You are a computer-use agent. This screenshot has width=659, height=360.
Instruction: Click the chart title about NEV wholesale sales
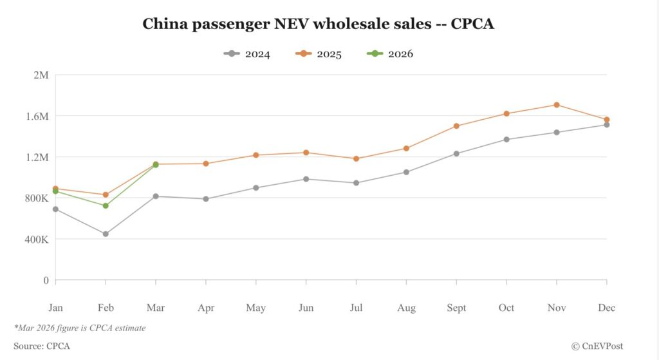pos(318,24)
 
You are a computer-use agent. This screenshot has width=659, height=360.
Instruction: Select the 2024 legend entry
pos(247,53)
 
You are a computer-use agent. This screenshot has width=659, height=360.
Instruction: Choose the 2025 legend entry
pos(319,53)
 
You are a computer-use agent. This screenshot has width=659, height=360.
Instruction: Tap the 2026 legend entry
pos(391,53)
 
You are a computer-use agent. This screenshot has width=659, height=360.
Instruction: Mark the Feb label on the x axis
pos(106,308)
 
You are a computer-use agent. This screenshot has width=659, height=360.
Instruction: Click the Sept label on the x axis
pos(456,308)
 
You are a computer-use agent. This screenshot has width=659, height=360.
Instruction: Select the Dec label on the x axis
pos(606,308)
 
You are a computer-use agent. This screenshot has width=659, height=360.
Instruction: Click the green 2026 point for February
pos(106,205)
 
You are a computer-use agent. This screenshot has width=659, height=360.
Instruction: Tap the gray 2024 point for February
pos(106,234)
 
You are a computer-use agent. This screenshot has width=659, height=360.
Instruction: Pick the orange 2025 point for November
pos(557,104)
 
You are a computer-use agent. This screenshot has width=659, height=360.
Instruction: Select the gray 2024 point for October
pos(506,139)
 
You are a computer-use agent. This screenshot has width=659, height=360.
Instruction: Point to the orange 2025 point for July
pos(356,158)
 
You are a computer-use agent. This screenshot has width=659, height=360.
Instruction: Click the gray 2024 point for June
pos(306,179)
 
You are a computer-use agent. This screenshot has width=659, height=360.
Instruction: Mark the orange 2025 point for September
pos(456,126)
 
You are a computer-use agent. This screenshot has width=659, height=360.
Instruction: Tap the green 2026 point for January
pos(55,191)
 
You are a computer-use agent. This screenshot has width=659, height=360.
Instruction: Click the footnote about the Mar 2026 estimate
pos(80,328)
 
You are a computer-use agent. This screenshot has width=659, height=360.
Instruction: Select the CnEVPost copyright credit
pos(597,346)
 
